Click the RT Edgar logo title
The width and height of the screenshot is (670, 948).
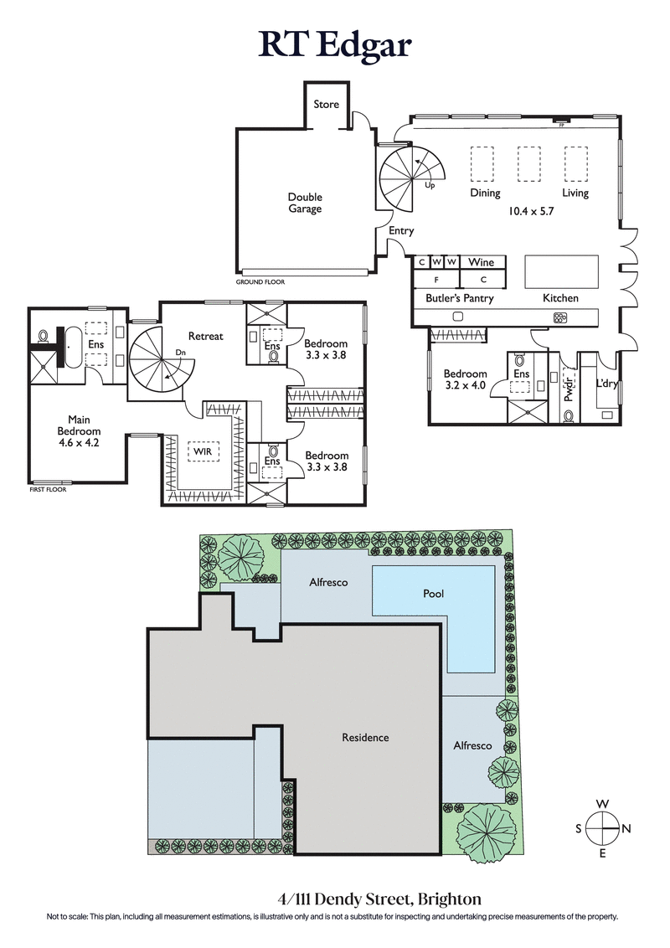[x=335, y=44]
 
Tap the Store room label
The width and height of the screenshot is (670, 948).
[x=327, y=104]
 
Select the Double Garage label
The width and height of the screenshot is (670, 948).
[x=305, y=203]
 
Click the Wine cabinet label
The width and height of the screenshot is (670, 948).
[x=481, y=262]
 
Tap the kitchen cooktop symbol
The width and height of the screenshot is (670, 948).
[x=559, y=317]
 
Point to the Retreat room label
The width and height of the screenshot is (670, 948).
[x=205, y=336]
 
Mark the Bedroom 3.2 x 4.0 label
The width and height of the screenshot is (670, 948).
[x=465, y=379]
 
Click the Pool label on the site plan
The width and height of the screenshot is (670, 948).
[x=433, y=594]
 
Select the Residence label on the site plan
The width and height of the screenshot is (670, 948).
[x=365, y=738]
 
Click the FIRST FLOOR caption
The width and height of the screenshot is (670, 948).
[x=47, y=489]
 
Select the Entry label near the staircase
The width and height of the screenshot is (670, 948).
[x=402, y=231]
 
